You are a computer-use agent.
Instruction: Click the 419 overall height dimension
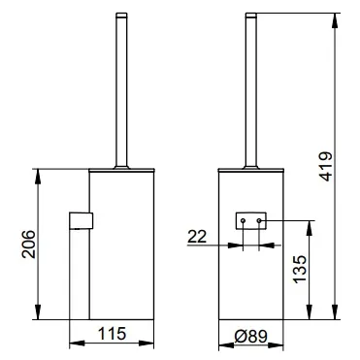[325, 166]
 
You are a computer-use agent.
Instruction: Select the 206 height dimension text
[28, 244]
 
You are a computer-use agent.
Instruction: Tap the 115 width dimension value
[112, 334]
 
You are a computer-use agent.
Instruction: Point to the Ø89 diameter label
[251, 337]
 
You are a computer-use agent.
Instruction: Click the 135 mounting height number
[300, 269]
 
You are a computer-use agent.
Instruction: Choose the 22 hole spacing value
[197, 237]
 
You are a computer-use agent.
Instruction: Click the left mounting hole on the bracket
[243, 220]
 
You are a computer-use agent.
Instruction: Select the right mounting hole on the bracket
[259, 220]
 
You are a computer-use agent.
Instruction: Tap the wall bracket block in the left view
[82, 220]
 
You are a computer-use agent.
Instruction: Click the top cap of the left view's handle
[121, 15]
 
